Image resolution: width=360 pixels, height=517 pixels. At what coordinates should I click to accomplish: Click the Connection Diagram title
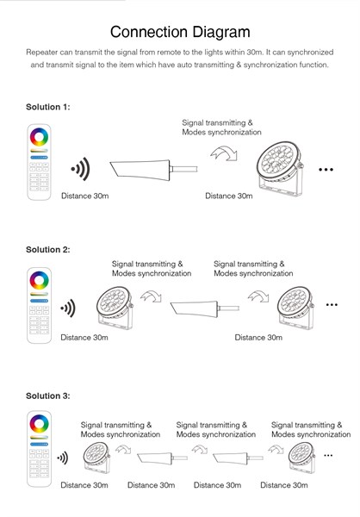coord(180,32)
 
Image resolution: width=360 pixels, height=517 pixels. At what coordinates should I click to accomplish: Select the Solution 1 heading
coord(48,107)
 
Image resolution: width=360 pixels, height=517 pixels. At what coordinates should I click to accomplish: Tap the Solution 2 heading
coord(48,250)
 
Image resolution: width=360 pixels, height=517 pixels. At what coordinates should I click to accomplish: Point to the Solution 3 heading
coord(48,396)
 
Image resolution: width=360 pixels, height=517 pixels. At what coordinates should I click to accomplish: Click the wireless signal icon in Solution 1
coord(80,169)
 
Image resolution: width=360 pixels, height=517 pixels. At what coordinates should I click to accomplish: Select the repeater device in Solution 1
coord(153,170)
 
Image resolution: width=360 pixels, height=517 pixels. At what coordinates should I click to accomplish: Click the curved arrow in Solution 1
coord(224,153)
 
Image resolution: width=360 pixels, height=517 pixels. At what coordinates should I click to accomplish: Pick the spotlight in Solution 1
coord(280,169)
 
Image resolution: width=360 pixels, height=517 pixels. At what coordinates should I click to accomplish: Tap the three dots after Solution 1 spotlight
coord(326,170)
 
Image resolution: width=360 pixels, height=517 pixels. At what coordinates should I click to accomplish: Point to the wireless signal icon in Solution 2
coord(68,308)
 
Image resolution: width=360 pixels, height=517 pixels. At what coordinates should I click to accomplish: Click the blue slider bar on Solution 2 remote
coord(40,301)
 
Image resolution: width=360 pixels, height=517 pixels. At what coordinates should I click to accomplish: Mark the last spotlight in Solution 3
coord(301,458)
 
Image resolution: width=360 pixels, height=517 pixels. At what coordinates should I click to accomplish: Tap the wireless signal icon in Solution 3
coord(63,458)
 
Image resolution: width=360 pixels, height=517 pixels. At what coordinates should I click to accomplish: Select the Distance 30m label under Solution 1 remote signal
coord(84,196)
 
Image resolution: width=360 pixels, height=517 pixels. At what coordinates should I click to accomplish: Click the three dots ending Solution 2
coord(332,305)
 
